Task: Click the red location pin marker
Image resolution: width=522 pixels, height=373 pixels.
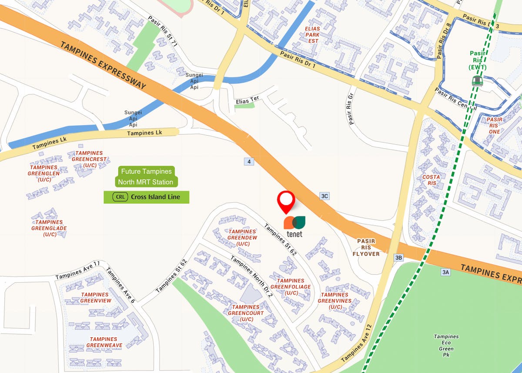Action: click(286, 201)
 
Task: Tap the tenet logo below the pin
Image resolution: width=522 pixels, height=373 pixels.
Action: click(294, 226)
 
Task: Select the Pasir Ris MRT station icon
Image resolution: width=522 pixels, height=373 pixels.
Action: click(477, 80)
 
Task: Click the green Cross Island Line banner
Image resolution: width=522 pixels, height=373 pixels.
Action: click(147, 197)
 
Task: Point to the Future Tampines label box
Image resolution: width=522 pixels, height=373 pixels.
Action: click(147, 171)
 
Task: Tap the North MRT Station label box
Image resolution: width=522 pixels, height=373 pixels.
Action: click(147, 182)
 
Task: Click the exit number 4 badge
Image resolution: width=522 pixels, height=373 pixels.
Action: click(249, 162)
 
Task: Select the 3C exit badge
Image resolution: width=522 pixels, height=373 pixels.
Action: click(324, 196)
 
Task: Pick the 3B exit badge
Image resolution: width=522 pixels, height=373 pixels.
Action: click(398, 258)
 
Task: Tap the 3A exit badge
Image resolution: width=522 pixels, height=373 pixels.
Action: click(445, 272)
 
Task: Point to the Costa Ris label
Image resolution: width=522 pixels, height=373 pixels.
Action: click(431, 180)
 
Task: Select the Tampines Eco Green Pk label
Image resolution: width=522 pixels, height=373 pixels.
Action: click(446, 343)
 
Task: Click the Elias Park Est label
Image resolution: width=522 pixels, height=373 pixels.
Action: click(312, 35)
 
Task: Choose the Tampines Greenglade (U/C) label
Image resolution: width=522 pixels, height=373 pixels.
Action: click(49, 228)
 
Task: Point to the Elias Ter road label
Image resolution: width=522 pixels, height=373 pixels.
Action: click(247, 100)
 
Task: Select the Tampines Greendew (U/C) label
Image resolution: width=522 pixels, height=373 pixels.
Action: click(242, 238)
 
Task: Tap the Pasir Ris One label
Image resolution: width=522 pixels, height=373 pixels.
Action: click(495, 125)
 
